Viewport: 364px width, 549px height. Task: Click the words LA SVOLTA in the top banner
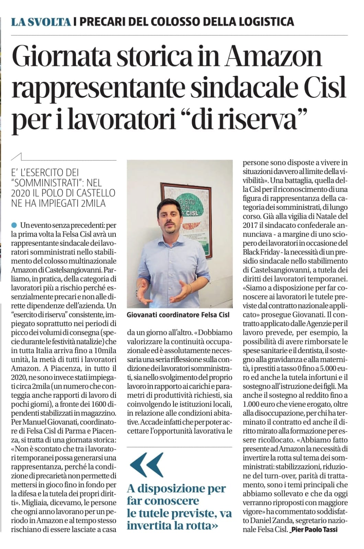(41, 22)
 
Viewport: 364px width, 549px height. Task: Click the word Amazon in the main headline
(273, 57)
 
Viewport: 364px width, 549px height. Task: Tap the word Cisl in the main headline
(325, 88)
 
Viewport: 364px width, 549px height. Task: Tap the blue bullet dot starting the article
(14, 225)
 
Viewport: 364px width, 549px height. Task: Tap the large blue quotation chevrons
(146, 465)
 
